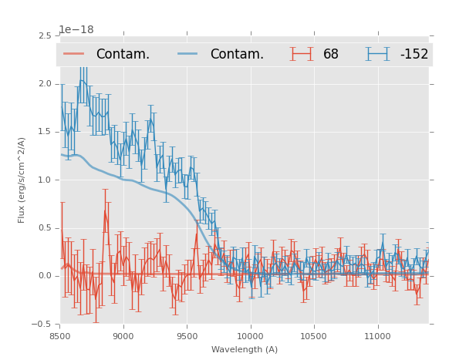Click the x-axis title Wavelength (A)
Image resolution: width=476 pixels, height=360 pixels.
coord(245,349)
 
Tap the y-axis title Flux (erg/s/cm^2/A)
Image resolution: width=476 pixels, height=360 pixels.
coord(22,180)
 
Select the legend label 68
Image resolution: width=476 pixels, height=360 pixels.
coord(330,54)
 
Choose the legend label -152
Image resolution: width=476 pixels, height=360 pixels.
coord(414,54)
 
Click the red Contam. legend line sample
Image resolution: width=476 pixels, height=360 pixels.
coord(74,54)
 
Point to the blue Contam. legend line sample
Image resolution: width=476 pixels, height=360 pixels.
coord(188,54)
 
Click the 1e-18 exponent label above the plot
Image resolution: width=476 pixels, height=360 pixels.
coord(76,30)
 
